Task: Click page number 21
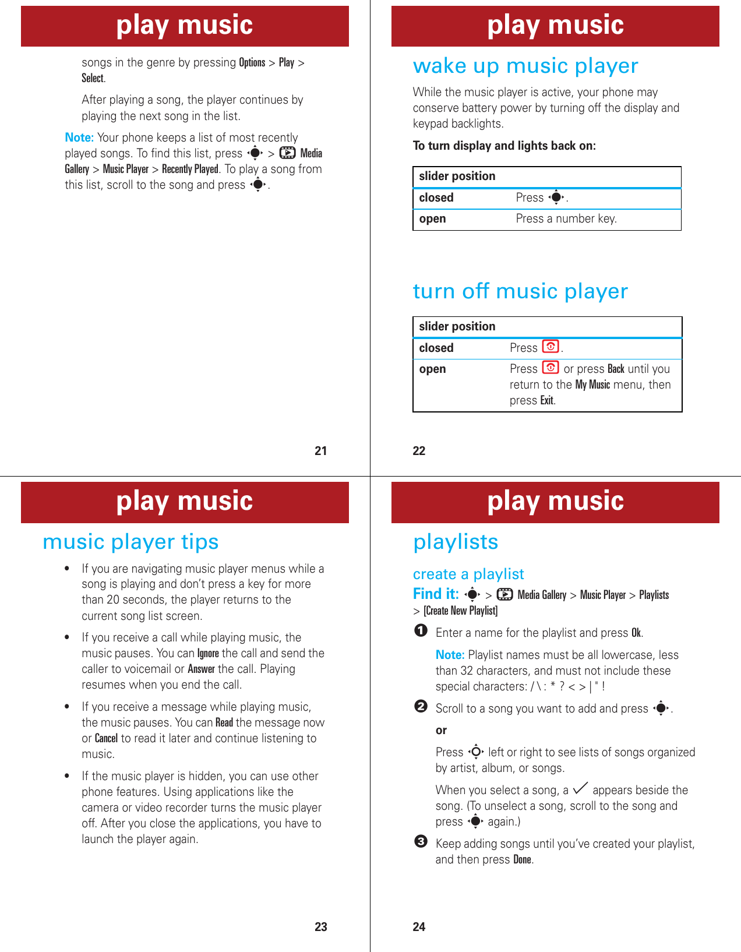(320, 450)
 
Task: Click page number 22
(419, 450)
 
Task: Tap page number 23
(320, 927)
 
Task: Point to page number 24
(419, 927)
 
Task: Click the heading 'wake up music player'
(525, 66)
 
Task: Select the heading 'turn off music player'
(520, 291)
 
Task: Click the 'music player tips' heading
(130, 542)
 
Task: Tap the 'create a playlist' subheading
(468, 574)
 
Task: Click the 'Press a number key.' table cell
(566, 219)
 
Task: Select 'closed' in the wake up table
(436, 198)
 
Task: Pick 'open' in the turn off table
(432, 369)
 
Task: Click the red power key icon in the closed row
(551, 347)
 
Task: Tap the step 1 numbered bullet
(421, 631)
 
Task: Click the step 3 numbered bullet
(421, 842)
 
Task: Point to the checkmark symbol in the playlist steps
(580, 788)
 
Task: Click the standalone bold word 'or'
(441, 731)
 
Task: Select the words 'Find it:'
(436, 594)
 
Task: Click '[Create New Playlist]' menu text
(460, 611)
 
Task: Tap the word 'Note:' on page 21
(79, 137)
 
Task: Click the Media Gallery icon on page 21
(287, 153)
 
